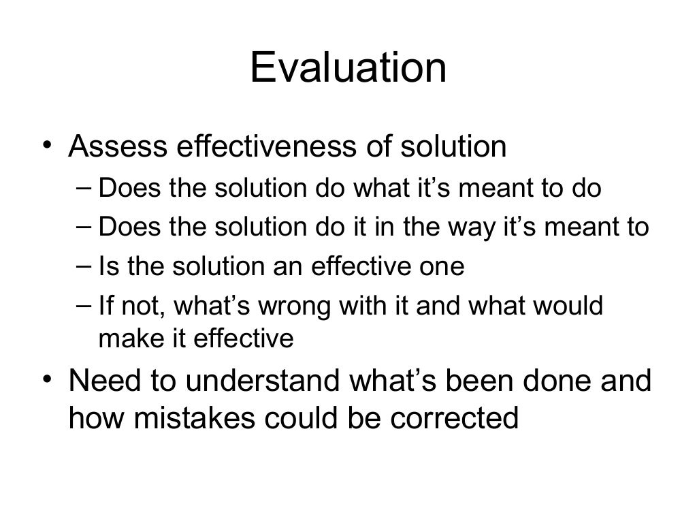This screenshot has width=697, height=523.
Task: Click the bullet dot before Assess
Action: pos(45,144)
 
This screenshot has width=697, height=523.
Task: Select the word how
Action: pos(93,417)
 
